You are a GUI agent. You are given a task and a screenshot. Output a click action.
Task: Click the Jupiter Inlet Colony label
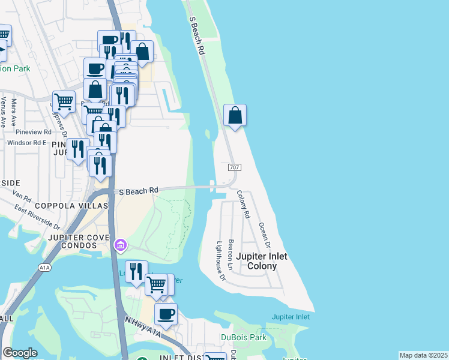[261, 261]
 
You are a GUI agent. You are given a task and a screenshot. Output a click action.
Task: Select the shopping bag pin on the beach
[235, 115]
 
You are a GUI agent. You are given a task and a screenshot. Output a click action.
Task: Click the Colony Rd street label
[243, 203]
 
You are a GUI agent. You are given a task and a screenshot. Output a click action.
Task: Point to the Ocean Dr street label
[264, 236]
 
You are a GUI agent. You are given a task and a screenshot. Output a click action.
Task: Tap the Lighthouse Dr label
[220, 261]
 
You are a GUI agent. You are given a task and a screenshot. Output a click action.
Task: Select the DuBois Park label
[243, 337]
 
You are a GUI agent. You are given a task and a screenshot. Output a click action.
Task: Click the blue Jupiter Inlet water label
[291, 317]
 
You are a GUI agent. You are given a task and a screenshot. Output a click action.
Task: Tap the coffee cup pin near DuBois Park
[166, 314]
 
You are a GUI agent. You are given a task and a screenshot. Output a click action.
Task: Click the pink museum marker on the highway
[120, 245]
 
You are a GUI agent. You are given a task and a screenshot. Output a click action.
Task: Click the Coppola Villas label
[71, 206]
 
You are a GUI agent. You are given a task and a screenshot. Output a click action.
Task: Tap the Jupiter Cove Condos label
[79, 242]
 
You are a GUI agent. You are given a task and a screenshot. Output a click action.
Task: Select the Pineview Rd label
[34, 131]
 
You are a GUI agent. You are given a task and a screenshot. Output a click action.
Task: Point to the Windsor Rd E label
[26, 143]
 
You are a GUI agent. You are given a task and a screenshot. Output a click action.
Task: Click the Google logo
[20, 353]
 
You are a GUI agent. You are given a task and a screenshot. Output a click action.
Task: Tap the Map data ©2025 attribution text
[423, 355]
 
